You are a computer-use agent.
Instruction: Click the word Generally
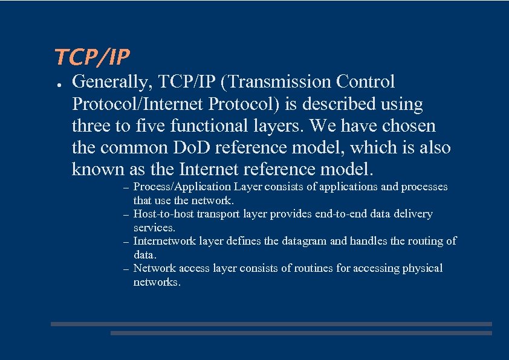pyautogui.click(x=107, y=82)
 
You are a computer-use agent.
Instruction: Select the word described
pyautogui.click(x=340, y=104)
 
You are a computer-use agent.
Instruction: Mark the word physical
pyautogui.click(x=423, y=268)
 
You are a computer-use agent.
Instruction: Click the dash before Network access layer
pyautogui.click(x=125, y=269)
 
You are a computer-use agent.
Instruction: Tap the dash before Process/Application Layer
pyautogui.click(x=125, y=188)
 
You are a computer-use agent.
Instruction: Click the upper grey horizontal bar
pyautogui.click(x=271, y=324)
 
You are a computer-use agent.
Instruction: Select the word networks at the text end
pyautogui.click(x=157, y=282)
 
